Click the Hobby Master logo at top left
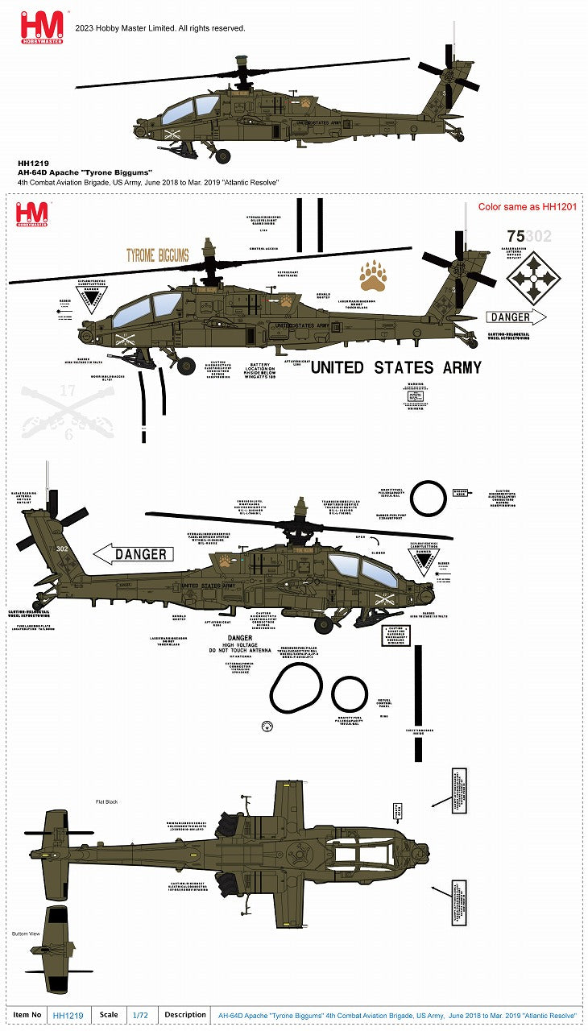41,27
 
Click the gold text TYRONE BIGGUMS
157,256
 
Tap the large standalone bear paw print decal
372,275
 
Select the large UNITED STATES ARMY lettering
395,367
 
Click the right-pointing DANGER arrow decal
516,317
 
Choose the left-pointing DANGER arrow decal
135,554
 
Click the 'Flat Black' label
107,802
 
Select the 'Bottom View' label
26,934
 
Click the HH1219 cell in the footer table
68,1016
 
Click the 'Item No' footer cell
27,1016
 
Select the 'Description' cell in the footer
185,1016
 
